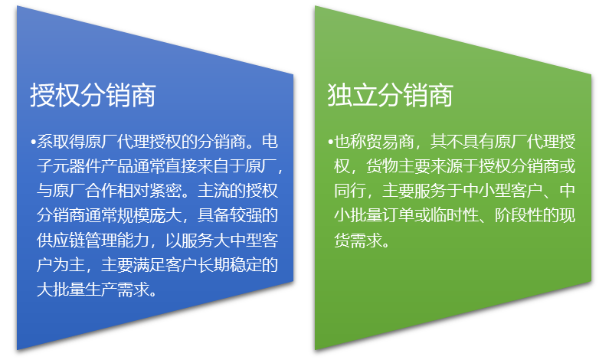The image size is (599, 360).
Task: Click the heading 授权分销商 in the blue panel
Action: pos(93,95)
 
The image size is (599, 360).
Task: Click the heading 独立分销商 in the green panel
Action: pos(390,95)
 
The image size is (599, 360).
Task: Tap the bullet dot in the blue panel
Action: pos(33,143)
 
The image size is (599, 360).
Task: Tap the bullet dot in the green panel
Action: pos(330,143)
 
